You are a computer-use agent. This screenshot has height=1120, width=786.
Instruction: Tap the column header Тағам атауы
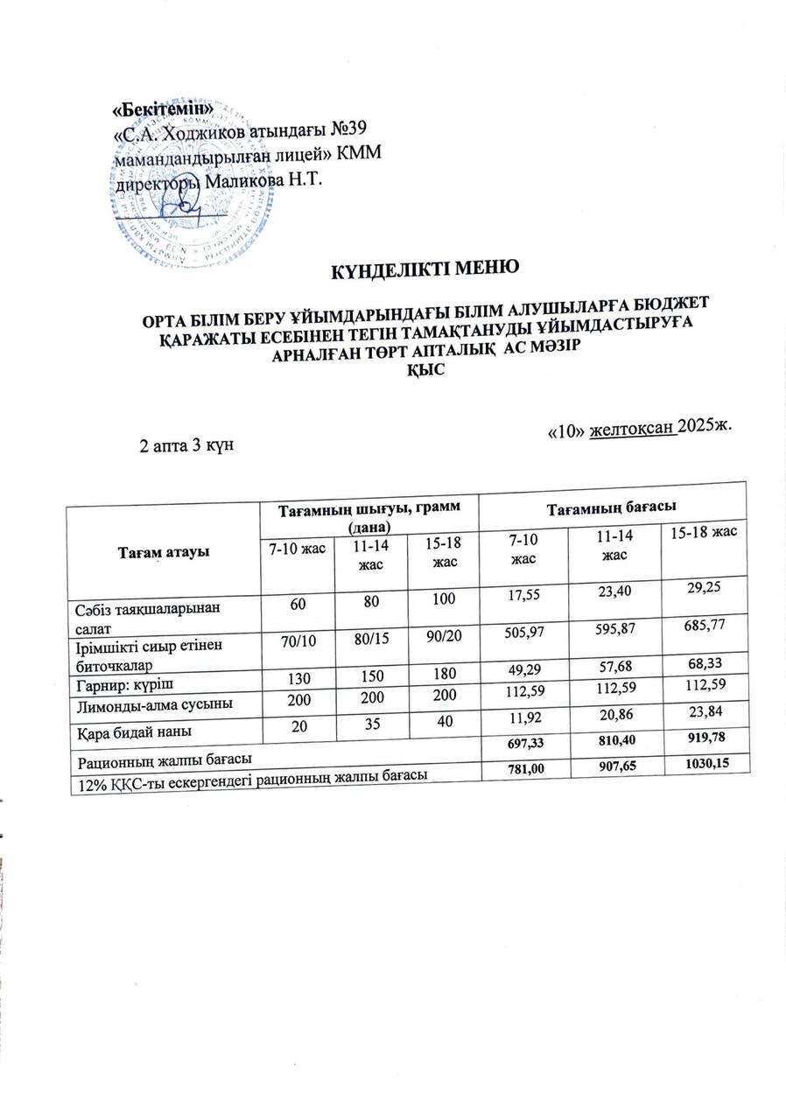(x=161, y=553)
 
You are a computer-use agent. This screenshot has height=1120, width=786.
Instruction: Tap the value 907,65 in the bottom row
(x=613, y=766)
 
